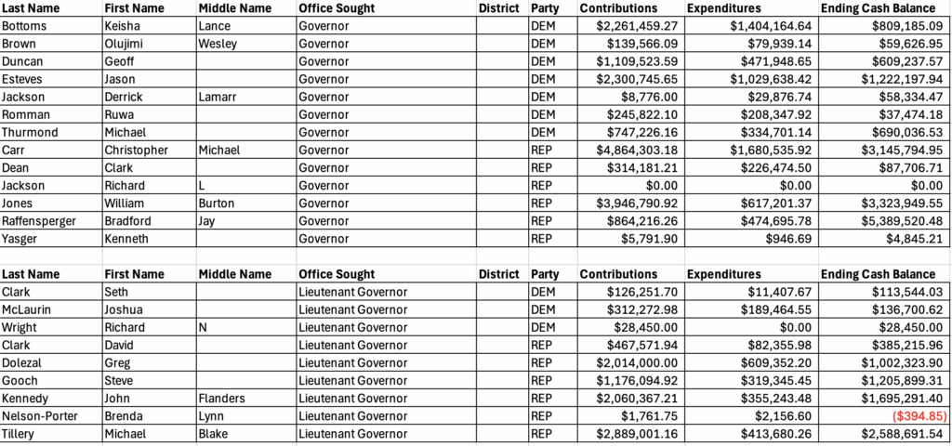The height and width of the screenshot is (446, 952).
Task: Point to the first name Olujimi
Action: [130, 44]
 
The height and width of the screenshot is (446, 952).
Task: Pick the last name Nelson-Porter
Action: [41, 416]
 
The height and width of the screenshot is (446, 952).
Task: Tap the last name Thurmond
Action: [32, 133]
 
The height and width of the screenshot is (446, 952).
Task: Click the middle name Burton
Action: [218, 203]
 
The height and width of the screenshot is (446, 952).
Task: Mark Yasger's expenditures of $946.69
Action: [787, 239]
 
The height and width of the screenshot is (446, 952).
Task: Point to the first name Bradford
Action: [129, 221]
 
